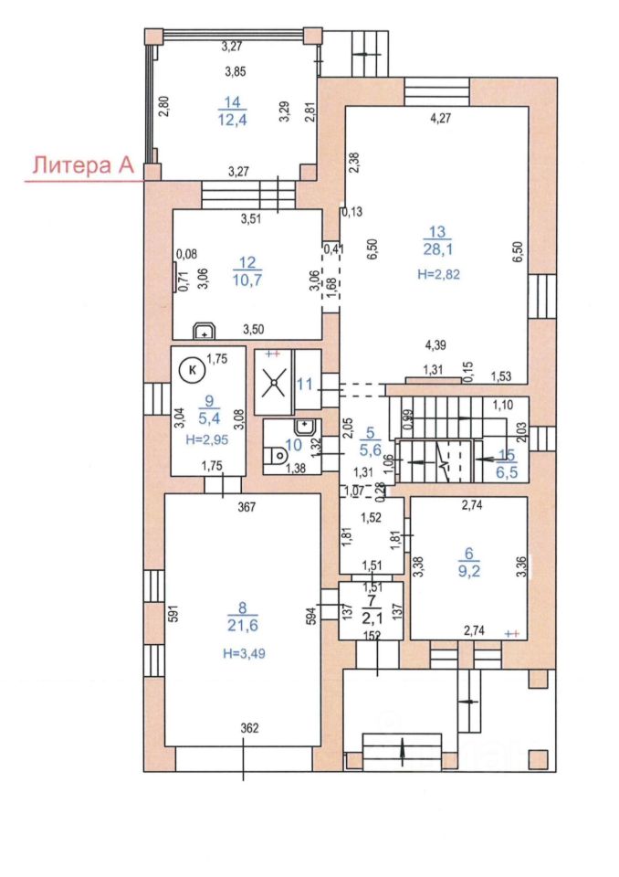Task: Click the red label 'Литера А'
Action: (83, 165)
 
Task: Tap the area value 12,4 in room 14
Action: (232, 119)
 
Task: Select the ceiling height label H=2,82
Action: (438, 274)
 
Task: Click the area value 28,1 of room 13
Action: (437, 248)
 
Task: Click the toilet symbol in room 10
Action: (278, 457)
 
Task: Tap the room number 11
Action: (305, 385)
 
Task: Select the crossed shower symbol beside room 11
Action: (274, 383)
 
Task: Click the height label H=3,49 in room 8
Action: (244, 652)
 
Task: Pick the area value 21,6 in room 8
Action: (243, 625)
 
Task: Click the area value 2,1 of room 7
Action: (372, 618)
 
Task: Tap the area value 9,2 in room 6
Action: (468, 571)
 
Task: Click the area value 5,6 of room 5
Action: (370, 449)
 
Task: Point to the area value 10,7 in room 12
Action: (247, 280)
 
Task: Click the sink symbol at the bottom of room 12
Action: (205, 331)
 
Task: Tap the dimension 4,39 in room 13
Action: (435, 345)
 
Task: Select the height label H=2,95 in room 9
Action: (207, 439)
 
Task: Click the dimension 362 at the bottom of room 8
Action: (249, 728)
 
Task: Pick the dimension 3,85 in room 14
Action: (236, 71)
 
